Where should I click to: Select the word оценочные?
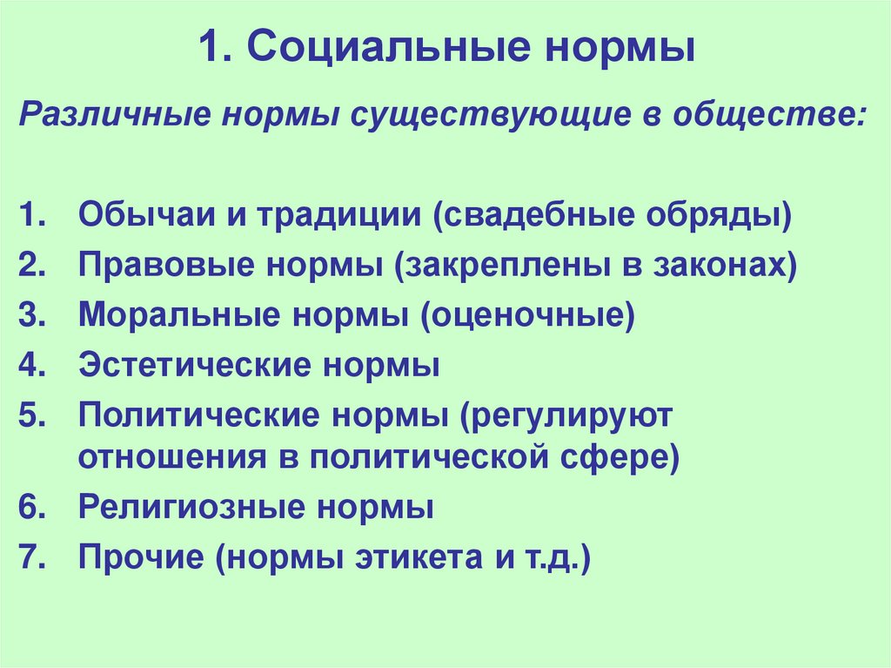tap(526, 314)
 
